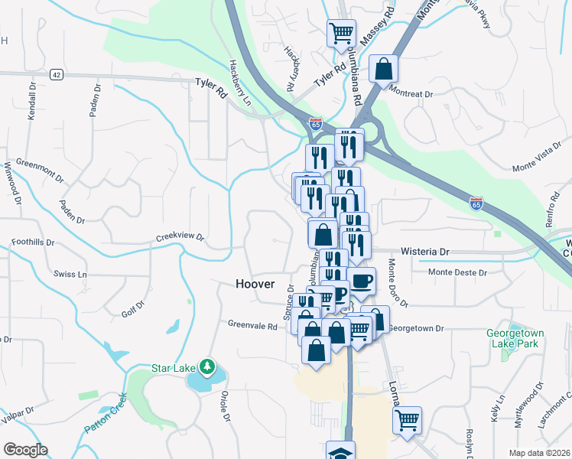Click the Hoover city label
click(x=255, y=284)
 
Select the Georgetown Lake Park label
click(x=512, y=338)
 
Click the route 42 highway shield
click(x=56, y=74)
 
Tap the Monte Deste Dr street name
click(x=457, y=272)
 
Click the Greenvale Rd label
click(x=252, y=324)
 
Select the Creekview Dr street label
click(x=180, y=237)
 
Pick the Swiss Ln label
click(x=71, y=274)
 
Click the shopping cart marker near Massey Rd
click(x=340, y=32)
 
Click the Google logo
click(x=25, y=449)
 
